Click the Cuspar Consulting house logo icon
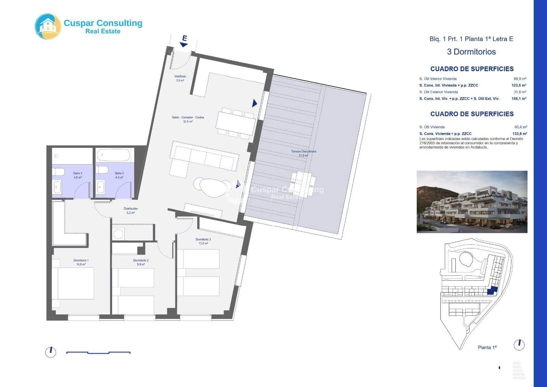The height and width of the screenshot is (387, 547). coord(48,26)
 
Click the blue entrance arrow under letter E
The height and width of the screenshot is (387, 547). coord(184,44)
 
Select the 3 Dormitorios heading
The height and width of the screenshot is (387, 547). coord(471,52)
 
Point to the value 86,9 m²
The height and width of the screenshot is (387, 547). coord(520,79)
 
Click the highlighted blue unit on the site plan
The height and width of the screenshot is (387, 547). coord(492,291)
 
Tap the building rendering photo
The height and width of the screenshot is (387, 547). coord(472,202)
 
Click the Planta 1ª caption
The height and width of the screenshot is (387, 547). coord(487,347)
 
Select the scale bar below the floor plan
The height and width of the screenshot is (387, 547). coord(98,352)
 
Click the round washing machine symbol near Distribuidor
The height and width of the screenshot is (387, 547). coord(118,234)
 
